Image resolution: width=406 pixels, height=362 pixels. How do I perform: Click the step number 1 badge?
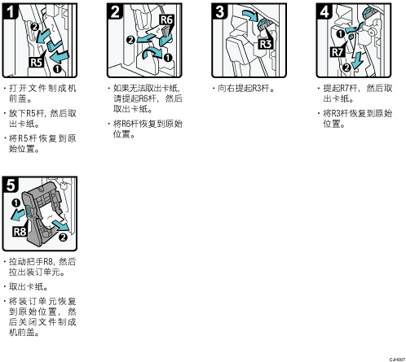10,11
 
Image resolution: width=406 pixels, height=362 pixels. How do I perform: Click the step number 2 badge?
115,11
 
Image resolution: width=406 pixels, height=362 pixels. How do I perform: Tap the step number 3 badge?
219,11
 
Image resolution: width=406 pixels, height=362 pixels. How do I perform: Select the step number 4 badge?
324,11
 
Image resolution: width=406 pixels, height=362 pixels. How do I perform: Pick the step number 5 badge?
11,185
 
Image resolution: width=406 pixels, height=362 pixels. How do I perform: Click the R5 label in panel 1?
36,63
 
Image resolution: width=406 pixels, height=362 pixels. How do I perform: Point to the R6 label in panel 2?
166,20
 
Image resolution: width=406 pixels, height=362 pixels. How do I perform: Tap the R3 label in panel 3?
266,44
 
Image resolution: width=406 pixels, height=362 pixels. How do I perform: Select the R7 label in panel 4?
338,52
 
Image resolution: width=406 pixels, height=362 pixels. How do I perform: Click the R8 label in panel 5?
20,232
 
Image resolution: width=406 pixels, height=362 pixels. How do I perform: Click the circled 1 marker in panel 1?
57,69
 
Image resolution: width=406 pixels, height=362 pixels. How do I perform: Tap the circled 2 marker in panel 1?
35,27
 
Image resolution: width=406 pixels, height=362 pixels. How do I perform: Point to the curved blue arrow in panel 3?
249,15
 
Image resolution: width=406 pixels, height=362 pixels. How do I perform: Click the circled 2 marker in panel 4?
346,67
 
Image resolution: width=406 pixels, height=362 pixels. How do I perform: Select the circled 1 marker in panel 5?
16,203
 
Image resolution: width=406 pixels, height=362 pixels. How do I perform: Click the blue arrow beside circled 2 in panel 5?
61,225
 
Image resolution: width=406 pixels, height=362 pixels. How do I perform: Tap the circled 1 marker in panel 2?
168,58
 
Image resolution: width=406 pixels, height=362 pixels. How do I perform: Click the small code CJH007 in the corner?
397,360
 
